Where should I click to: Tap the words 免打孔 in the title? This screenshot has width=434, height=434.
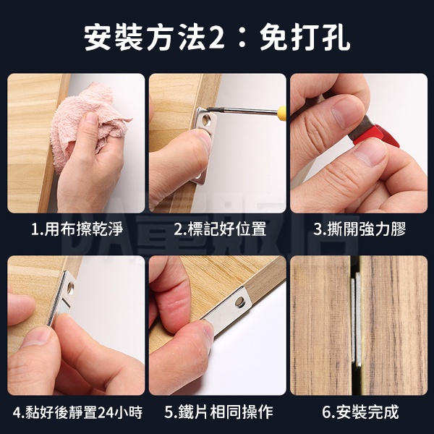[x=305, y=38]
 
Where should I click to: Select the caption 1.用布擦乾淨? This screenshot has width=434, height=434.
[x=77, y=229]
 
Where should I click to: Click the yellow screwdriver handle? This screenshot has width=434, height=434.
[x=282, y=111]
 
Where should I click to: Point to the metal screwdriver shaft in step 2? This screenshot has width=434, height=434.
[x=242, y=110]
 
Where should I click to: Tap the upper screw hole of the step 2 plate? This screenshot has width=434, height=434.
[x=206, y=120]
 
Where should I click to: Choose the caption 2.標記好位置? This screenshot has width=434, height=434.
[x=220, y=229]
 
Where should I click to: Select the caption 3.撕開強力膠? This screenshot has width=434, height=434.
[x=359, y=229]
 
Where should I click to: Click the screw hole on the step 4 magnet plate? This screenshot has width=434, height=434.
[x=71, y=288]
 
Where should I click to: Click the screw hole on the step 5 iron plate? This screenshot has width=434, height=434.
[x=240, y=302]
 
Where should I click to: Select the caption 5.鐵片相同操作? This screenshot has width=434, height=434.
[x=218, y=412]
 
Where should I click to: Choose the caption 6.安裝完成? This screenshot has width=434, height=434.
[x=360, y=412]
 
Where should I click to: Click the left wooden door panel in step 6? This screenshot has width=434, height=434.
[x=320, y=325]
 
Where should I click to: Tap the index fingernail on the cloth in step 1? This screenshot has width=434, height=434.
[x=90, y=117]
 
